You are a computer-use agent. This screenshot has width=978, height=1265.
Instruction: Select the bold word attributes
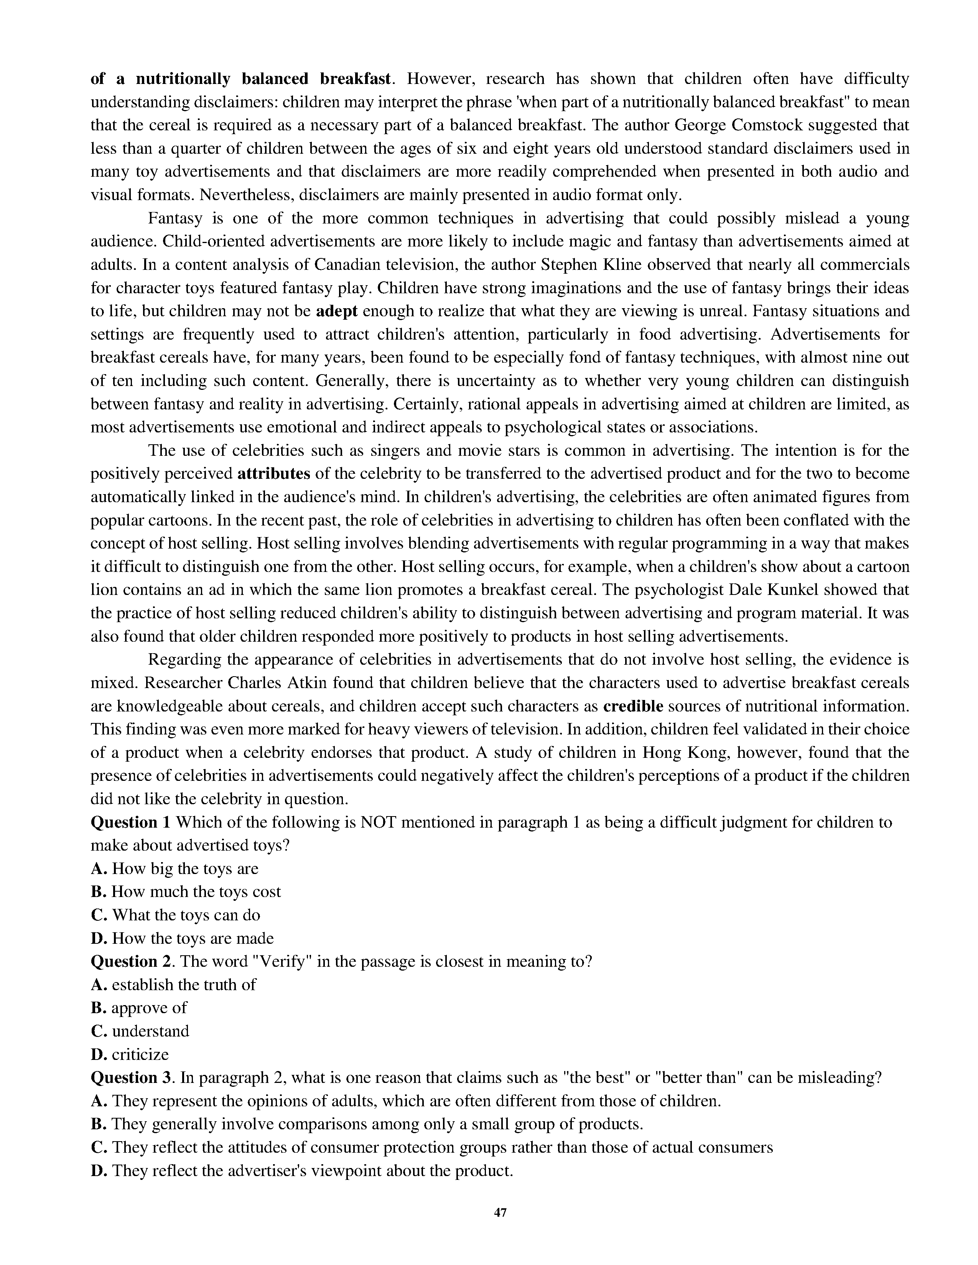pos(274,474)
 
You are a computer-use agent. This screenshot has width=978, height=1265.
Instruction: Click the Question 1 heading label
pos(132,823)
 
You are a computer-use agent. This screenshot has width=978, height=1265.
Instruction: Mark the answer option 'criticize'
pos(140,1054)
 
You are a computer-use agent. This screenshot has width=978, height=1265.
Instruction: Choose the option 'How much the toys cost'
pos(196,892)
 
